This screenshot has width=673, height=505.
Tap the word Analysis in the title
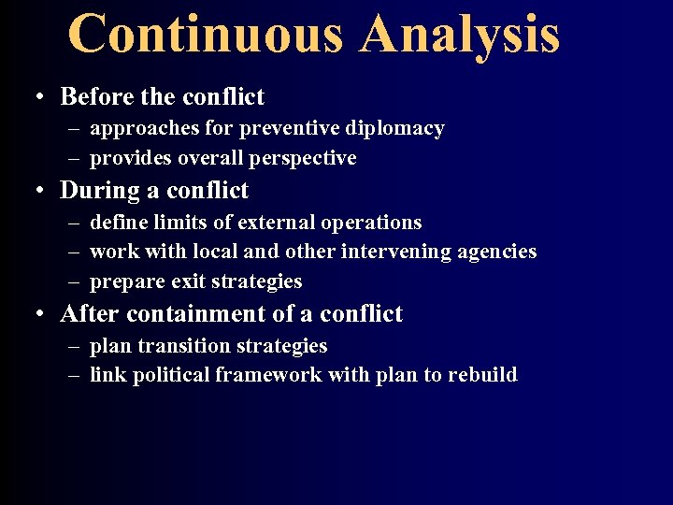(x=459, y=34)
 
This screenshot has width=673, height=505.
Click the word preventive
(x=296, y=128)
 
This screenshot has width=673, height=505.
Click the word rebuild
(x=482, y=375)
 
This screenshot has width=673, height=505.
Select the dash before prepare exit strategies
(x=73, y=281)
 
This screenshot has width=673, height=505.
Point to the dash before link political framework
(x=73, y=375)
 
